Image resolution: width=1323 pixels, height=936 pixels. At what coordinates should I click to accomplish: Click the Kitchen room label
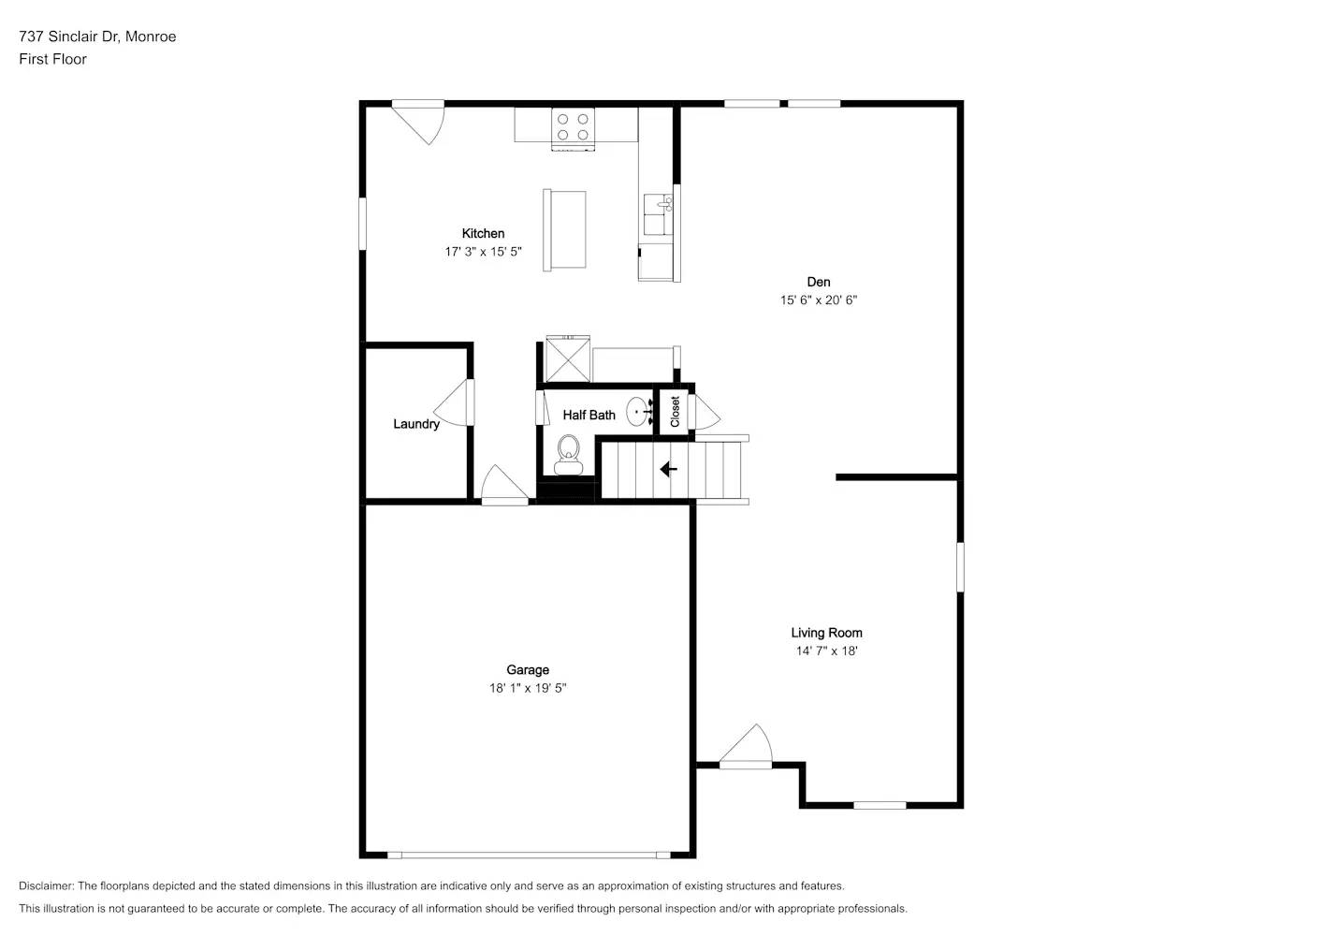[483, 233]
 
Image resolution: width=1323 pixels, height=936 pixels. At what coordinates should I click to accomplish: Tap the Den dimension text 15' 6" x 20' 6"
[819, 300]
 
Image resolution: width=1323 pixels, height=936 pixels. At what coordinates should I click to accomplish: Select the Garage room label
[528, 669]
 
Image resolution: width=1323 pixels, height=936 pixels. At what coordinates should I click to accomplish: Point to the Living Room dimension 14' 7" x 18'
[826, 651]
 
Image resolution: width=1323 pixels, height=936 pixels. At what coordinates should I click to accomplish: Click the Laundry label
[416, 424]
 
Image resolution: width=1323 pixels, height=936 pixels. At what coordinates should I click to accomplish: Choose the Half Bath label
[589, 415]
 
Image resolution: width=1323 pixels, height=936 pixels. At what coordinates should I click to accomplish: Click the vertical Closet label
[675, 412]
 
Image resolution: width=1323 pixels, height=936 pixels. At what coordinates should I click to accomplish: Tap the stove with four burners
[573, 128]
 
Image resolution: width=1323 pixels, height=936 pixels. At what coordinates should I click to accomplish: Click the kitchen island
[564, 230]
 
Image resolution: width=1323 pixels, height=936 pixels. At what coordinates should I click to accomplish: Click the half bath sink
[639, 410]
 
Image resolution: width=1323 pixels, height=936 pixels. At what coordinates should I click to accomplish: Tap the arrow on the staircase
[668, 469]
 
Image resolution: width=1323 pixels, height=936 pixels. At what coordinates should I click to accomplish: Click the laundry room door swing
[457, 403]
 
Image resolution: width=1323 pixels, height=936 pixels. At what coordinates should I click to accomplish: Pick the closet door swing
[705, 411]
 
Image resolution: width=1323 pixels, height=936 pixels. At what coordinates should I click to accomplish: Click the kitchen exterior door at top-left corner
[419, 119]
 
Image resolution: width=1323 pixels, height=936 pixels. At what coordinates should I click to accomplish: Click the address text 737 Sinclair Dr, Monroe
[97, 37]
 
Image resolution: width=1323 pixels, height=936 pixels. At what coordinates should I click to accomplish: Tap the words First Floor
[52, 59]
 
